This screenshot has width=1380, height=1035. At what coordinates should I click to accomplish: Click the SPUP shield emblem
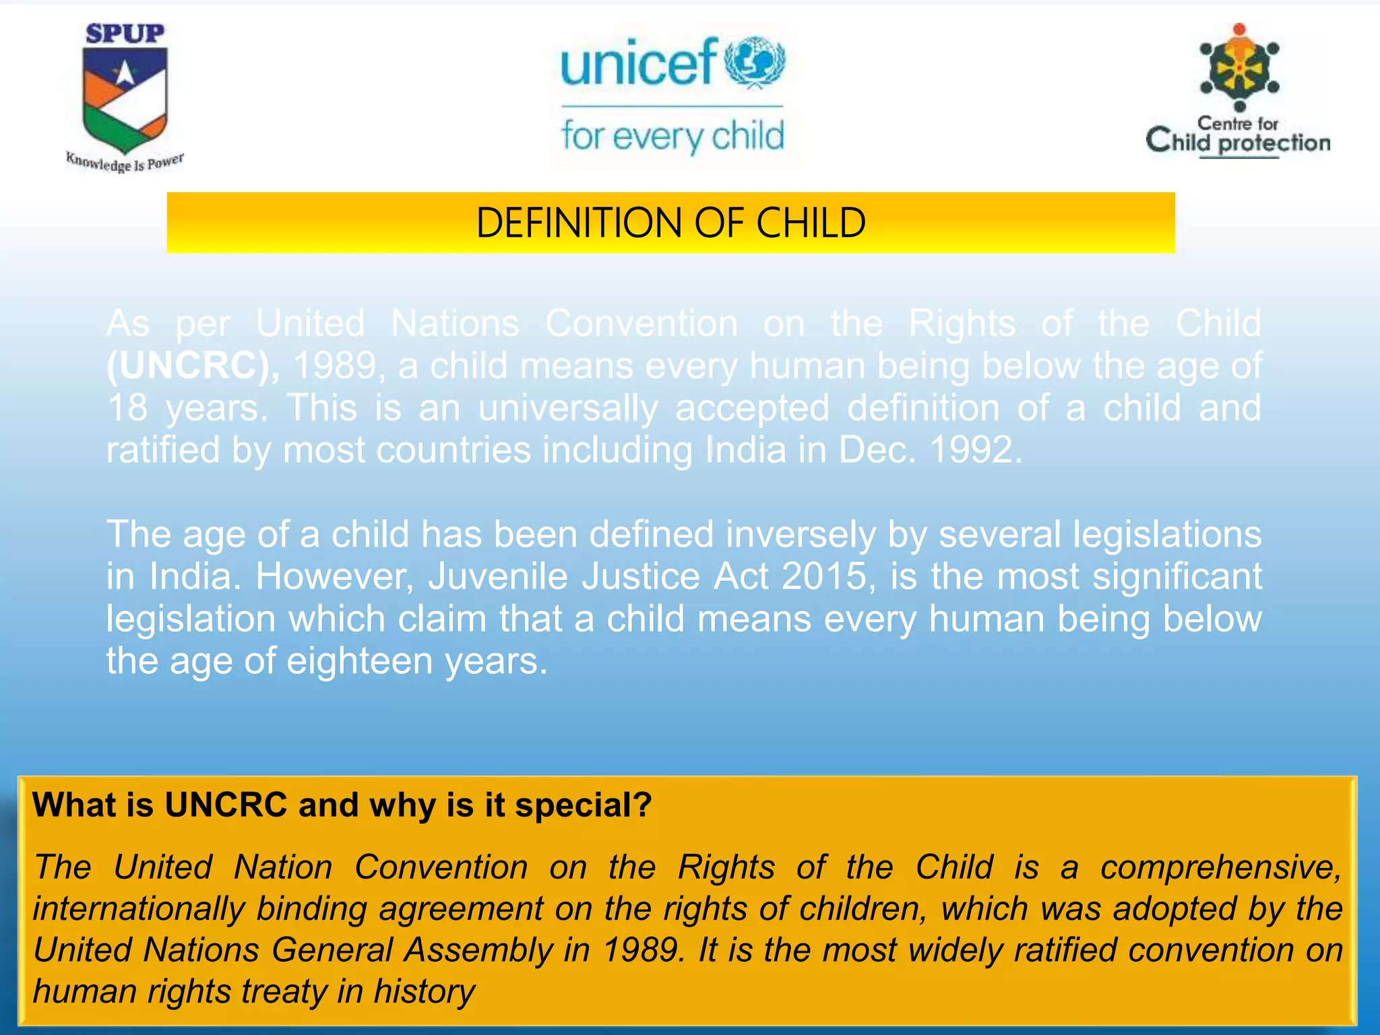pos(125,98)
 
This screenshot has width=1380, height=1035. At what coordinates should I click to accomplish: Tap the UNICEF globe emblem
pos(755,62)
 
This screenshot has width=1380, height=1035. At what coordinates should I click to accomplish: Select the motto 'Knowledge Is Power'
pos(125,162)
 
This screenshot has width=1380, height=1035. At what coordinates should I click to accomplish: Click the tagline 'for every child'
pos(672,137)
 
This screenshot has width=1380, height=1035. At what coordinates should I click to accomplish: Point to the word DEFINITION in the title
pos(579,223)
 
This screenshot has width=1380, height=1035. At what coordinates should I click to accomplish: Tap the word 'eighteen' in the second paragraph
pos(360,661)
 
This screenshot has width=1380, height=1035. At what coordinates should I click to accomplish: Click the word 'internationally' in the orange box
pos(139,909)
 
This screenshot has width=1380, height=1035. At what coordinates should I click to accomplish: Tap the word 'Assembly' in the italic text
pos(479,950)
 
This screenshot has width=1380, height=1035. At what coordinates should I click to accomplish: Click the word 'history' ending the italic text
pos(425,992)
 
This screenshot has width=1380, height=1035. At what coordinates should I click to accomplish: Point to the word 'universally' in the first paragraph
pos(567,408)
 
